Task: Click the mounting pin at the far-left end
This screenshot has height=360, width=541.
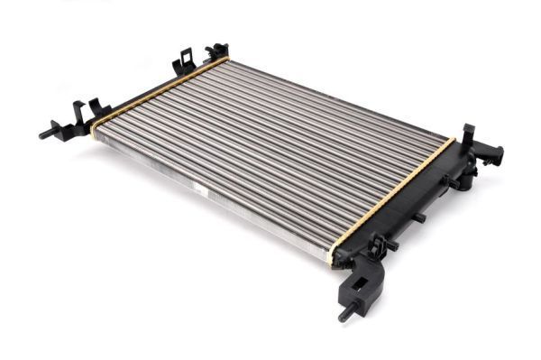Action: coord(45,134)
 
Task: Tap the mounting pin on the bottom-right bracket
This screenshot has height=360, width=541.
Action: coord(344,317)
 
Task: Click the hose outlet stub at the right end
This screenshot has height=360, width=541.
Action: coord(493,154)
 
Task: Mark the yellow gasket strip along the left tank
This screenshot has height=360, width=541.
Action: coord(158,91)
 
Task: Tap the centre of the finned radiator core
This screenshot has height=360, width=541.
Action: coord(270,153)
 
